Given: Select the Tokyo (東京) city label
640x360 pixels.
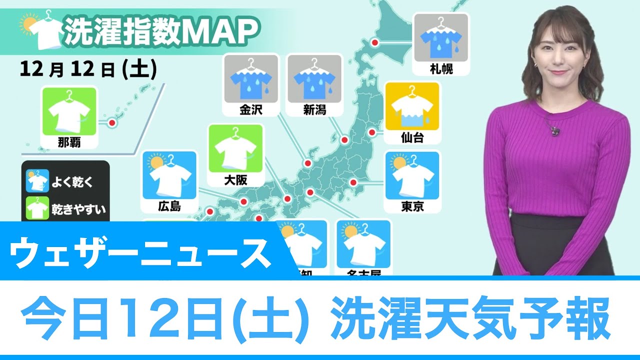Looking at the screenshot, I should click(412, 206).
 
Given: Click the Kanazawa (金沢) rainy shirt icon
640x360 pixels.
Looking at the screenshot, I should click(251, 79).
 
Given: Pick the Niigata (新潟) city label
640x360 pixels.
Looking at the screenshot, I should click(314, 109).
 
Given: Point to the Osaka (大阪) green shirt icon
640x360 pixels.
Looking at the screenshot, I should click(235, 148).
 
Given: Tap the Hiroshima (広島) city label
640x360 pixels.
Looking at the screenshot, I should click(169, 206).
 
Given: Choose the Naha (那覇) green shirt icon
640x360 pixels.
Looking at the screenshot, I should click(69, 111).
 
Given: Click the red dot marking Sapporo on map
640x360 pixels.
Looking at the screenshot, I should click(375, 43).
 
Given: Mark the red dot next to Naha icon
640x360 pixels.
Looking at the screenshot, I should click(112, 122).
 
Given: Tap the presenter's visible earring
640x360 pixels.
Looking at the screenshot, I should click(535, 66).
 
